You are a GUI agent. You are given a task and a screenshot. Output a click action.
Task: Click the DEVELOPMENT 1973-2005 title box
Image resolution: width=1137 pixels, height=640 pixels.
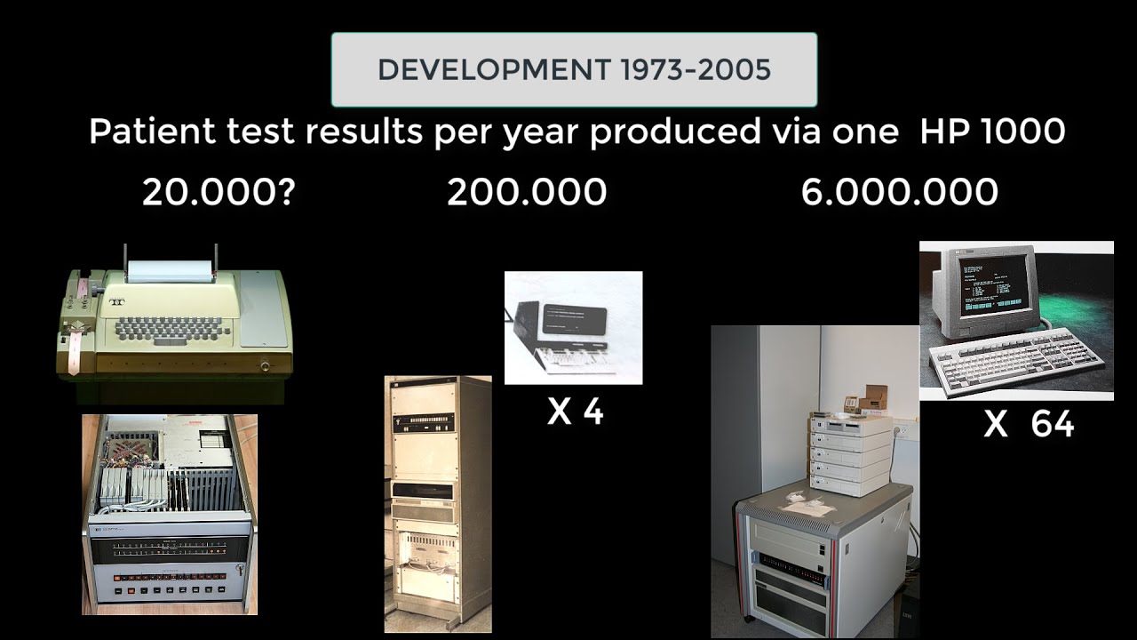click(x=574, y=69)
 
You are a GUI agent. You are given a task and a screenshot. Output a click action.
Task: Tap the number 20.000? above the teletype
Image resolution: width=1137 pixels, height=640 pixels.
click(x=219, y=192)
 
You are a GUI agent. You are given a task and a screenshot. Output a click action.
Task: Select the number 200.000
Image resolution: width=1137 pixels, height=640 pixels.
click(x=527, y=192)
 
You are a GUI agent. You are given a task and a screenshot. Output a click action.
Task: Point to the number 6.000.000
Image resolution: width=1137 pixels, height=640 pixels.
click(x=899, y=192)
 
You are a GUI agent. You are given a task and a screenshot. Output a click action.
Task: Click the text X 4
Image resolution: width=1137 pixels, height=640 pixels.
click(x=575, y=412)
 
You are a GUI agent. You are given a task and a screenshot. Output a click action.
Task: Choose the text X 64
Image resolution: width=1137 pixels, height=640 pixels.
click(x=1029, y=425)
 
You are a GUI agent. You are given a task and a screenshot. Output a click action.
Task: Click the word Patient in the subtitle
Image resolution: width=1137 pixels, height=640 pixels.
click(x=152, y=132)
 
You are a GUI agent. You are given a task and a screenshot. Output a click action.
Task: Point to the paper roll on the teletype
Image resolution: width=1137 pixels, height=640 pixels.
click(x=170, y=271)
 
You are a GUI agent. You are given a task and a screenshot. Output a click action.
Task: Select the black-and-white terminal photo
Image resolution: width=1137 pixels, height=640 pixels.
click(x=573, y=327)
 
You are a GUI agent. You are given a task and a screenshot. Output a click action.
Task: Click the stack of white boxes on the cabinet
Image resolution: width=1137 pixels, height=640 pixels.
click(x=850, y=453)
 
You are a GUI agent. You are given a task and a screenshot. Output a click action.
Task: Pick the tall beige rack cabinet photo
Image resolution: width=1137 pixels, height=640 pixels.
click(x=437, y=503)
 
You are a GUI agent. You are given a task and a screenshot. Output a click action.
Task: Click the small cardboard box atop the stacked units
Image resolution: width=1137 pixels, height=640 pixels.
click(x=875, y=396)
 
